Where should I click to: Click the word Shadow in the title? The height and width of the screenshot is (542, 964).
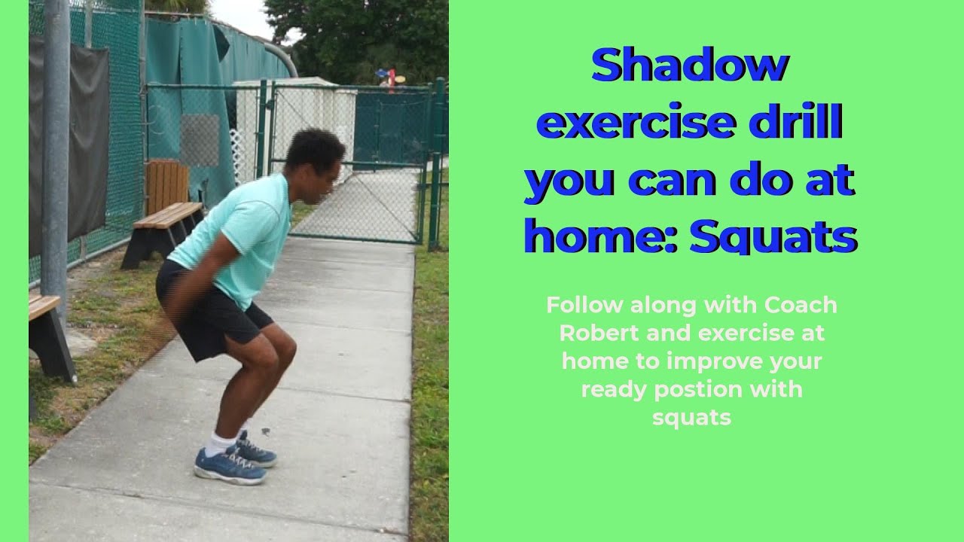689,66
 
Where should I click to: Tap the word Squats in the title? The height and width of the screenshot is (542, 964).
773,237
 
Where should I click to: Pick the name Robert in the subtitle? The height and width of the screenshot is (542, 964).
590,333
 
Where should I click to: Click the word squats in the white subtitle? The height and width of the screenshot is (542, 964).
691,418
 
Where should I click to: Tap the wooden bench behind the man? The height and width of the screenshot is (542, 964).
162,223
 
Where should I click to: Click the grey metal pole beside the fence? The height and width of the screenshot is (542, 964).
56,151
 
